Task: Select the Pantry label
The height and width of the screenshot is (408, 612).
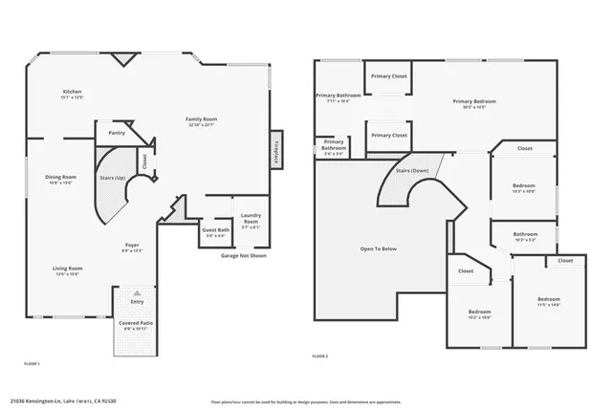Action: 118,133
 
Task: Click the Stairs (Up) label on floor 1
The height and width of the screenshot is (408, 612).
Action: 114,177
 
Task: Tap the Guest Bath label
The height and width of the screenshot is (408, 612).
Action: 215,230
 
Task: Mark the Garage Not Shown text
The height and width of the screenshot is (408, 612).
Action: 243,256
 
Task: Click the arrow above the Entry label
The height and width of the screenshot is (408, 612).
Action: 137,292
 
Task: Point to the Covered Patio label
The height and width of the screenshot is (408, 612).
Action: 137,323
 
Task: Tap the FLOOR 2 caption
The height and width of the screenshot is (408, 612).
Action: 320,355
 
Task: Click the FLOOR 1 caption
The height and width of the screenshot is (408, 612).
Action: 32,364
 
